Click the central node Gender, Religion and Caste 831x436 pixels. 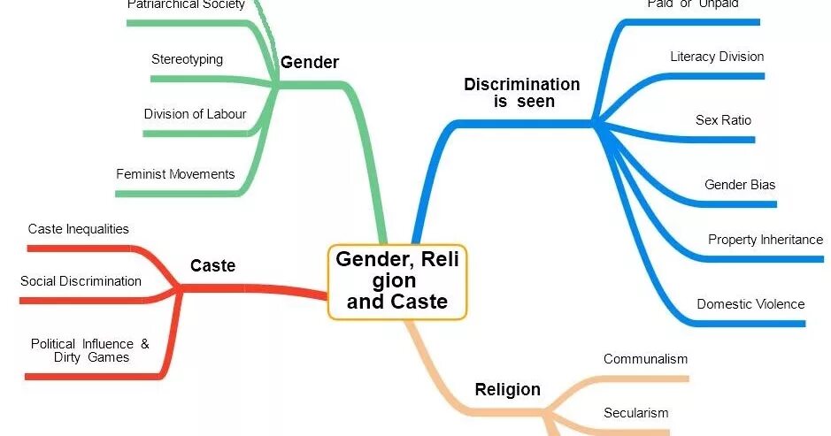pos(396,281)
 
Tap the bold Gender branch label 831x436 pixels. pos(310,62)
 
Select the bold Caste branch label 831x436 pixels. pos(212,265)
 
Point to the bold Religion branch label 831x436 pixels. pos(507,389)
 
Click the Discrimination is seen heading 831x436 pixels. pos(522,93)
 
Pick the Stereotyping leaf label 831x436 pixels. pos(187,59)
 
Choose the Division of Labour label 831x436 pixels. pos(195,114)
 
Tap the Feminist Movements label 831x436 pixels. pos(175,174)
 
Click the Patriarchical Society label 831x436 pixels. pos(186,4)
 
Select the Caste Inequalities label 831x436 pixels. pos(78,229)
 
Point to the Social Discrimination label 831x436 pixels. pos(81,281)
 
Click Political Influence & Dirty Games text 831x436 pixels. pos(90,350)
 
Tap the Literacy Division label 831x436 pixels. pos(717,57)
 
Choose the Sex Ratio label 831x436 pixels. pos(723,119)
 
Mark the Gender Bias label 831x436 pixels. pos(740,185)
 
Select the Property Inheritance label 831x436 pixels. pos(766,240)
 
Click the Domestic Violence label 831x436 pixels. pos(750,304)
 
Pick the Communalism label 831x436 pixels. pos(645,359)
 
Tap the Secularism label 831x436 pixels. pos(635,413)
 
